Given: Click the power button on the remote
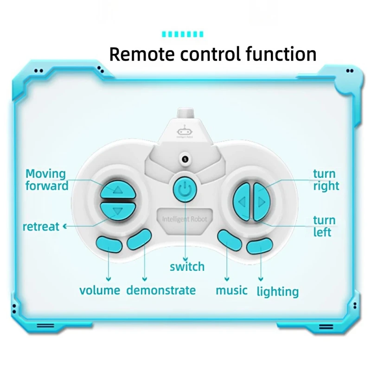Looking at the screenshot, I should click(185, 189).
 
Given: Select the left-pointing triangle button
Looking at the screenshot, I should click(242, 202).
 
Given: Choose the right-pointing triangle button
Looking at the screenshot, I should click(261, 202).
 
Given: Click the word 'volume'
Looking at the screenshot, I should click(100, 291).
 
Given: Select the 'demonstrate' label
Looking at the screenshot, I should click(161, 291).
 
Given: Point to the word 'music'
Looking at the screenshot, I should click(231, 291).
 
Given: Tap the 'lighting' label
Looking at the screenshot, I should click(278, 292).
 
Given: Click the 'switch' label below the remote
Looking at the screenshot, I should click(187, 267).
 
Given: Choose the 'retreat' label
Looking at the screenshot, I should click(41, 227).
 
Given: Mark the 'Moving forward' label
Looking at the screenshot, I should click(46, 180).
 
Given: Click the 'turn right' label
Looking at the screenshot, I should click(326, 180).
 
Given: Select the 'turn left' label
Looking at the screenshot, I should click(324, 226).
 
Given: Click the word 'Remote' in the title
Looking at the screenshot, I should click(141, 54).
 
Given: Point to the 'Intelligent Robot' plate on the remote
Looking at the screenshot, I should click(185, 218).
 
